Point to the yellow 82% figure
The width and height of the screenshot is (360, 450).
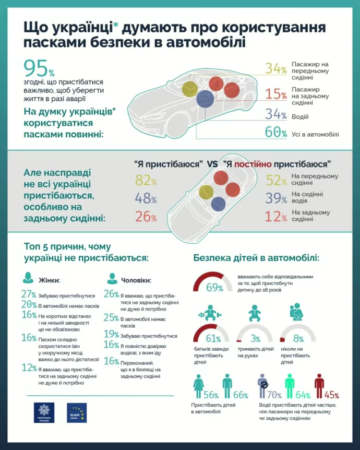[146, 181]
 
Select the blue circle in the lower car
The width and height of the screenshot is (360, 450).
[218, 204]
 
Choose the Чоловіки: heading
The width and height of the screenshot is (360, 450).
[136, 279]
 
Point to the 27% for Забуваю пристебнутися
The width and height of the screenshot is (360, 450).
[29, 294]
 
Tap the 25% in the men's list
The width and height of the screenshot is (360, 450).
[111, 317]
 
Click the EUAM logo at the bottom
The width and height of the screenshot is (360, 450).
[77, 412]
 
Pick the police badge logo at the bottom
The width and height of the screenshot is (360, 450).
[44, 412]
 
